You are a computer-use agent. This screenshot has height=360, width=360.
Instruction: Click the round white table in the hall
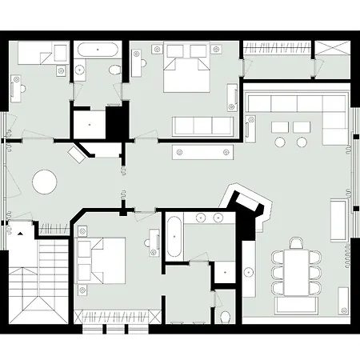point(44,182)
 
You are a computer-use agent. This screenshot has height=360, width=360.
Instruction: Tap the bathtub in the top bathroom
point(98,50)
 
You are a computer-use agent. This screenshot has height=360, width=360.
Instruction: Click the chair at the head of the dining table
point(298,242)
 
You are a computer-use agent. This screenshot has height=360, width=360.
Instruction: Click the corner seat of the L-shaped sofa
point(338,103)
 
